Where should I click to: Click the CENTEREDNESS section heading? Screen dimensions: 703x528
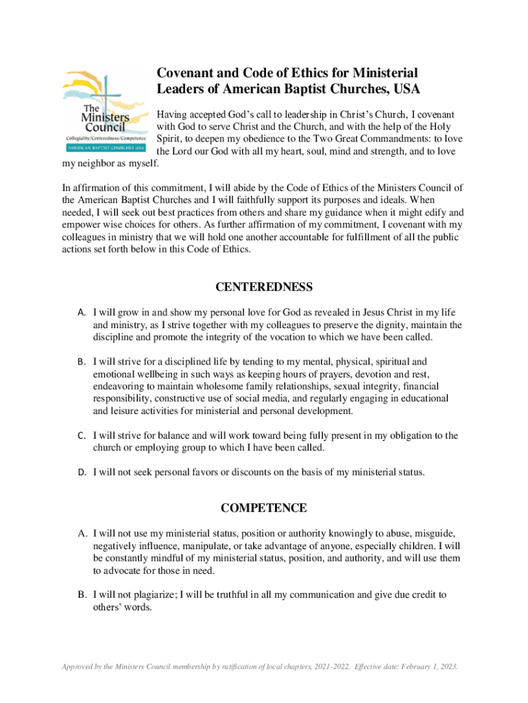(264, 287)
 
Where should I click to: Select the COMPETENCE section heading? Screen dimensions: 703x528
(264, 508)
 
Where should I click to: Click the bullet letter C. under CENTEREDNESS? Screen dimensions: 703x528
(81, 435)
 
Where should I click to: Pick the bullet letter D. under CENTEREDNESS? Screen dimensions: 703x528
(81, 472)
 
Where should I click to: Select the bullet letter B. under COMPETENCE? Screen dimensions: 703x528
(81, 595)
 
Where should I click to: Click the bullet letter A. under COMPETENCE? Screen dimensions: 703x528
(81, 533)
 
